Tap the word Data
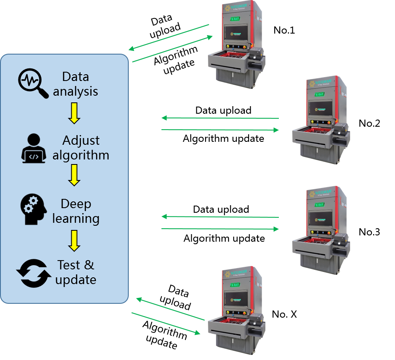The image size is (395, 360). (x=75, y=77)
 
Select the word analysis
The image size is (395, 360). (x=75, y=91)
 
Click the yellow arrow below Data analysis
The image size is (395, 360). (x=74, y=113)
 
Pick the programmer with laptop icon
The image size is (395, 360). (x=34, y=149)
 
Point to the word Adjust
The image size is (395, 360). (x=81, y=140)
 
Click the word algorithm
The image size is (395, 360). (x=81, y=155)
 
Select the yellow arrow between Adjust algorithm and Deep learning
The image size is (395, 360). (x=74, y=175)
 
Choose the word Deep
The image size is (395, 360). (x=76, y=204)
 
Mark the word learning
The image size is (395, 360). (x=76, y=219)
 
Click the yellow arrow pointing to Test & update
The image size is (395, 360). (x=74, y=240)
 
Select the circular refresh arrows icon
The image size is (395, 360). (x=34, y=273)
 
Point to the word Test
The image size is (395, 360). (x=69, y=265)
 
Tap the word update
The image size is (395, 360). (x=76, y=280)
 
